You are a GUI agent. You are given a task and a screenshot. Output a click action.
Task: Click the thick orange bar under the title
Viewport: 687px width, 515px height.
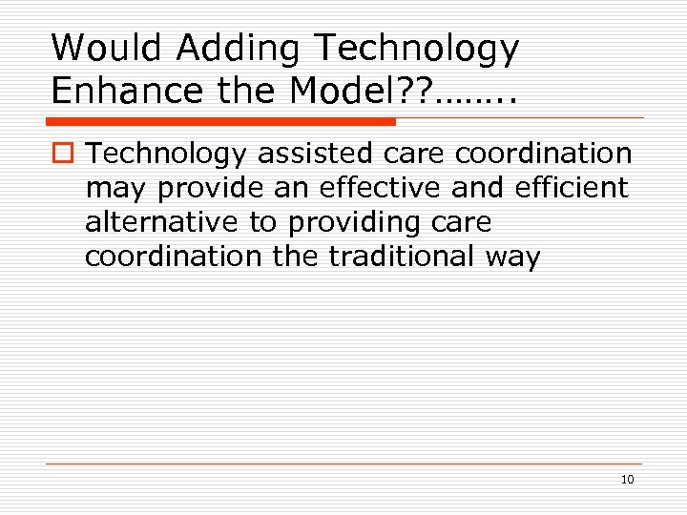pos(221,122)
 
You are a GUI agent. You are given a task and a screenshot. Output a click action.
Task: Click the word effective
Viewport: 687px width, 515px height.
pos(370,188)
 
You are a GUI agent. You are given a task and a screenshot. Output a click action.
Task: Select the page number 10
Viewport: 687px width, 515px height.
pos(627,479)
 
